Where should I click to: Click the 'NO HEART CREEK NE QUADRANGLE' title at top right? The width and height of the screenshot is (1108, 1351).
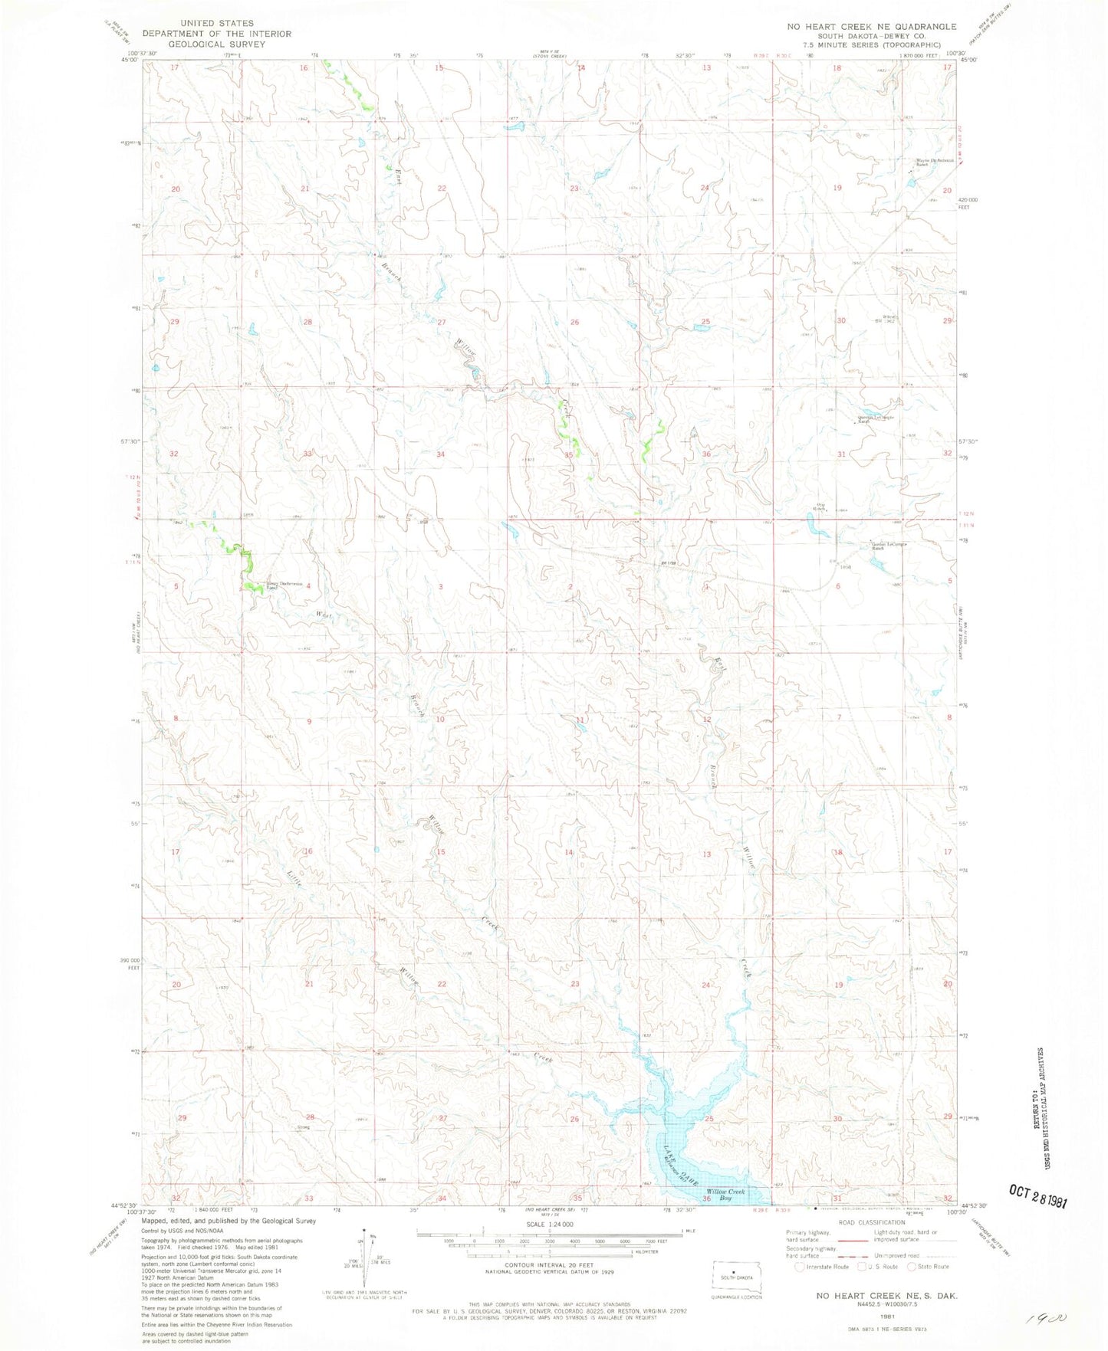(871, 26)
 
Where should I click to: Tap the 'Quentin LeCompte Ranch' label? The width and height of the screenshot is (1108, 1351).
(874, 419)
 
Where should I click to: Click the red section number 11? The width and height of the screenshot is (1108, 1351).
(580, 720)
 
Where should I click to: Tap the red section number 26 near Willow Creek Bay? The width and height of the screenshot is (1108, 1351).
(574, 1119)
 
